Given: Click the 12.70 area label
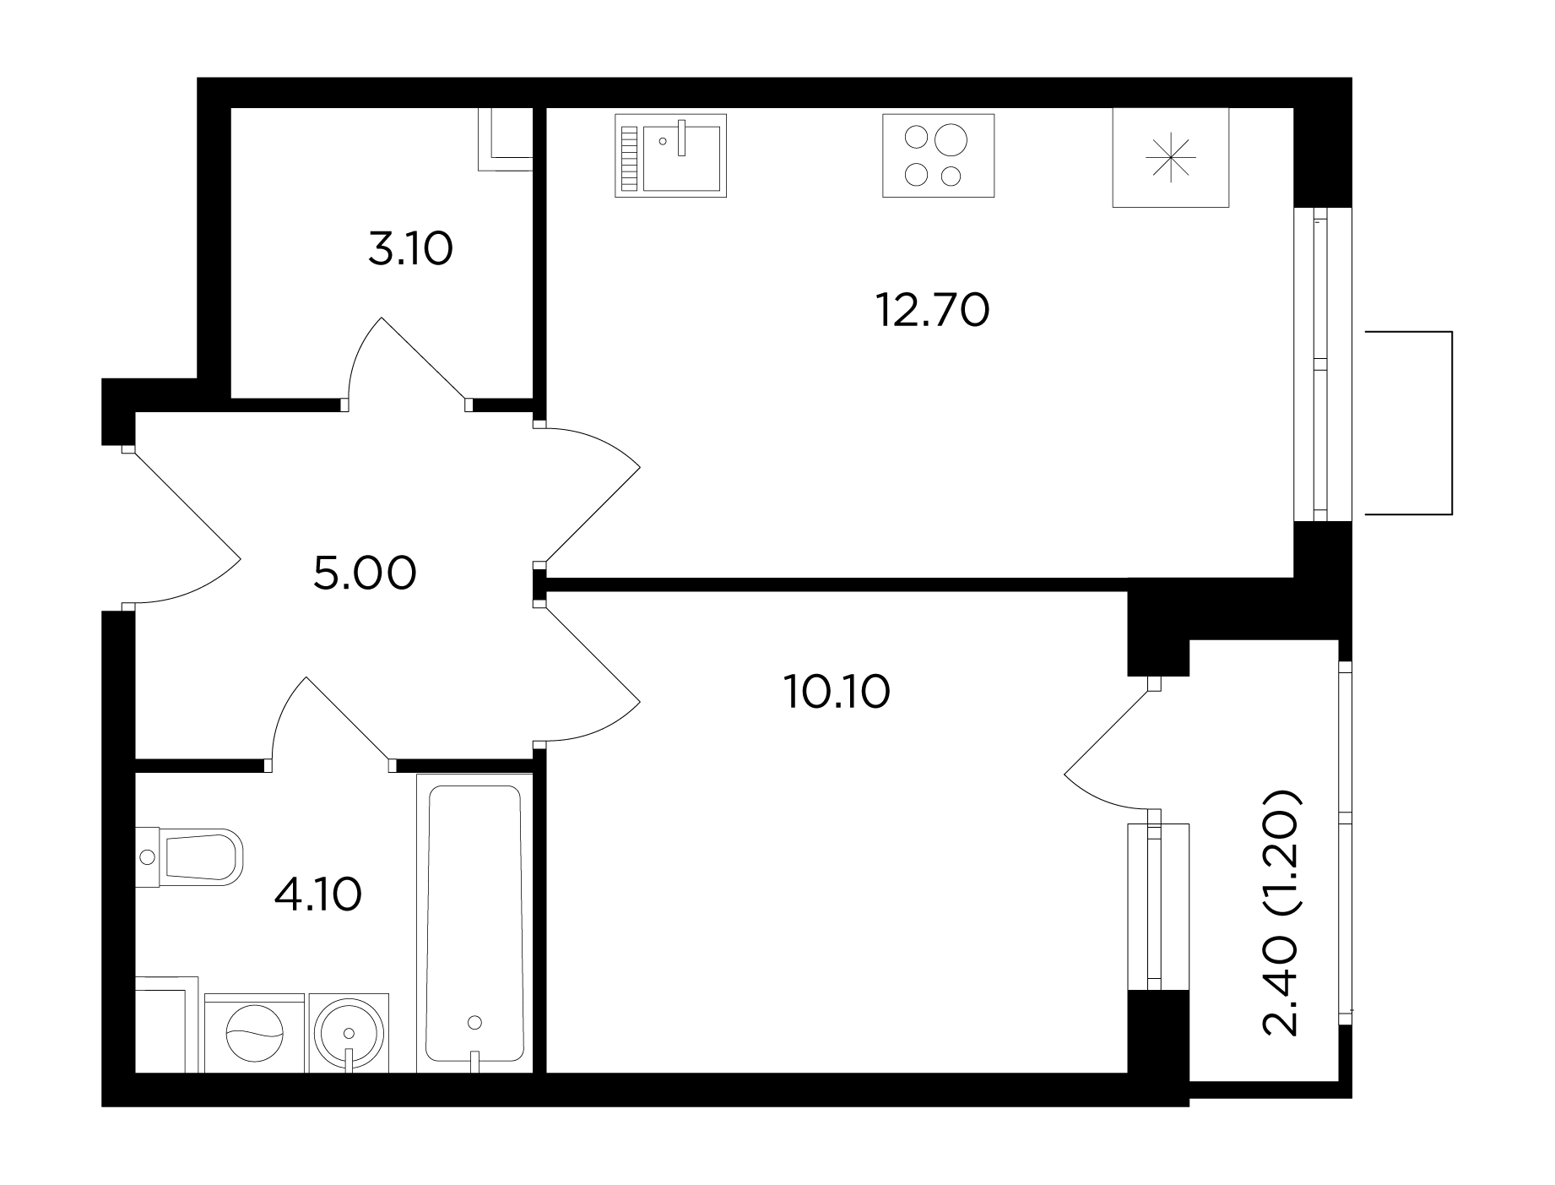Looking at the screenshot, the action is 932,310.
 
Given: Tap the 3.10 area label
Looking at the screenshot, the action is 411,249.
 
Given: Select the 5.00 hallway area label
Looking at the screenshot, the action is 365,574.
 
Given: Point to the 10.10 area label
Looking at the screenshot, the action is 837,693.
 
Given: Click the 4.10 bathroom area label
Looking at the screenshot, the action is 318,894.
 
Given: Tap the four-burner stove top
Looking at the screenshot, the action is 938,155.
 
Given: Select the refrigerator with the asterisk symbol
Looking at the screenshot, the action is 1170,157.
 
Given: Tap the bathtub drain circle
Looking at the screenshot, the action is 474,1023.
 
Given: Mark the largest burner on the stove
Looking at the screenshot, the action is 951,139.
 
